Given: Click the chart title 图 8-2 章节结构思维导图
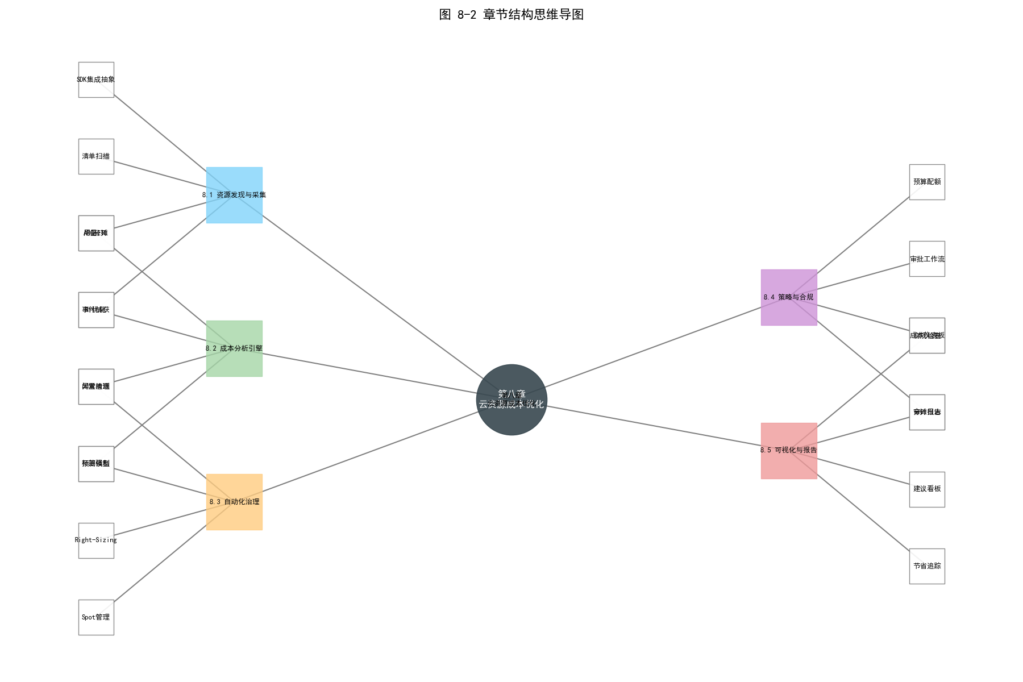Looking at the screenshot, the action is coord(511,15).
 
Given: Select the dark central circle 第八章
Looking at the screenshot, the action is coord(511,418).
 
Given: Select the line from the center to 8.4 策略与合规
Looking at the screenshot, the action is coord(654,346).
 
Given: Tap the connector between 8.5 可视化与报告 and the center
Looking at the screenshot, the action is coord(654,426).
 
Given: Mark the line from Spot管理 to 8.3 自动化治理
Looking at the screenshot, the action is coord(165,558).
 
